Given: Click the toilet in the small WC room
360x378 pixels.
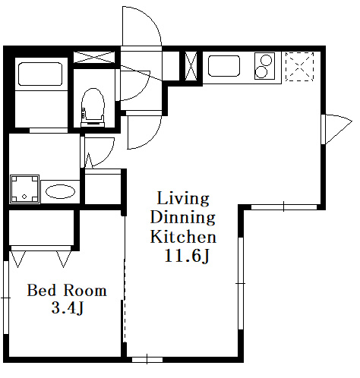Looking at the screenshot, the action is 93,107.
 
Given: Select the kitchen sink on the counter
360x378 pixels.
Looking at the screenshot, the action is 224,66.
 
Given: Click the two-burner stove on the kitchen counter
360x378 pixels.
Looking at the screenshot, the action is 264,66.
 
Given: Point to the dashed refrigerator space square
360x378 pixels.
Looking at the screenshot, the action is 300,67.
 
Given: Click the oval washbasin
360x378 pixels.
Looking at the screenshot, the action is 60,191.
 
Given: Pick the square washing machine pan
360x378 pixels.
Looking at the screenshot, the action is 24,189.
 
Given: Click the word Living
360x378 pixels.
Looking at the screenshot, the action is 183,199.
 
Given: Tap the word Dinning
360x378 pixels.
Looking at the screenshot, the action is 183,218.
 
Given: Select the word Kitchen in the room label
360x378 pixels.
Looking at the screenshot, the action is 183,237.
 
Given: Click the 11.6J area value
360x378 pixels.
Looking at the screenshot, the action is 187,256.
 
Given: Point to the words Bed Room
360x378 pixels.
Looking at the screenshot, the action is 67,291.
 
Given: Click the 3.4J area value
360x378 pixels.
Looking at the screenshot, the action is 68,308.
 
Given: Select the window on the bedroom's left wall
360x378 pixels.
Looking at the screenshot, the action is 6,298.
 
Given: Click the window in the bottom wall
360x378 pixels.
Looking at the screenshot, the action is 147,360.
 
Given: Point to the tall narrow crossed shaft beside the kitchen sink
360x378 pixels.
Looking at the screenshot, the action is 191,66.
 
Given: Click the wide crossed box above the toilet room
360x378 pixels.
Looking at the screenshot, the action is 94,57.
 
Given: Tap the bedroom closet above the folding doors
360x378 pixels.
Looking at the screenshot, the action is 42,228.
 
